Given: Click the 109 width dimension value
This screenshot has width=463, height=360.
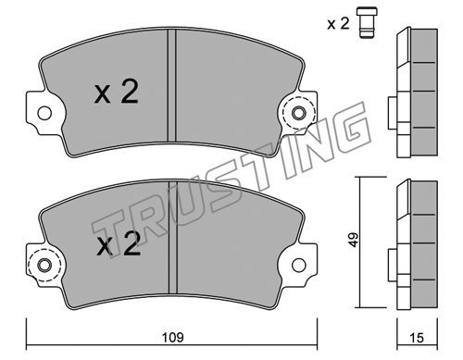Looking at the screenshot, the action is point(173,337).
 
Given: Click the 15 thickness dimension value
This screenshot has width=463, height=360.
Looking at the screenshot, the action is point(417,338).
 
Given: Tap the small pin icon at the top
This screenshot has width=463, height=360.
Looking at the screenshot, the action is point(367,23).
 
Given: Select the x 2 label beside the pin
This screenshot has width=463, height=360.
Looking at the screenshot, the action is point(338,23).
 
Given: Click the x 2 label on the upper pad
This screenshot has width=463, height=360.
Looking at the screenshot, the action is point(116,92).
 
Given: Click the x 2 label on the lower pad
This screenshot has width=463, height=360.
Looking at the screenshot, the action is point(119,243).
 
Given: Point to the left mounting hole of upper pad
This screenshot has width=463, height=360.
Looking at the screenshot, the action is point(44,113).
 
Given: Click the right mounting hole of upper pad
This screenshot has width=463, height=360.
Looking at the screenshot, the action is point(298,113).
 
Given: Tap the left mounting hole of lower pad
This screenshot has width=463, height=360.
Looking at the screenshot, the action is point(44,266).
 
